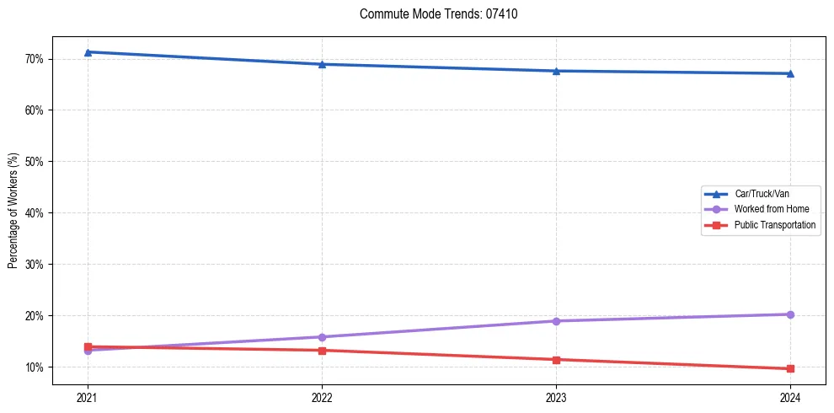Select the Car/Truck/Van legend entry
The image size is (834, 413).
coord(762,193)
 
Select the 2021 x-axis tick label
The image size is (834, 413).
coord(88,397)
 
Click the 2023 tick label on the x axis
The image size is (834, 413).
coord(556,397)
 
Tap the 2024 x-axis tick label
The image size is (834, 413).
coord(790,397)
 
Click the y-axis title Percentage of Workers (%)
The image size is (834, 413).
coord(13,211)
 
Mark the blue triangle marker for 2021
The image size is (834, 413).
coord(88,52)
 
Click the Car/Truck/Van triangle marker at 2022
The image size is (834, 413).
coord(322,64)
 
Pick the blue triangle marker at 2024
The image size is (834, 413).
coord(790,73)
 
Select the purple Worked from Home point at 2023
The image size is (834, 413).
coord(556,321)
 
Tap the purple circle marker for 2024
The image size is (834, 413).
coord(790,314)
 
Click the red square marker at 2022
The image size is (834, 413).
coord(322,351)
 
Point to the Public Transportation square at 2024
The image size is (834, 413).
coord(790,369)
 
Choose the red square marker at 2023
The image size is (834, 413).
coord(556,360)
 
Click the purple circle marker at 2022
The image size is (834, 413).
coord(322,337)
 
